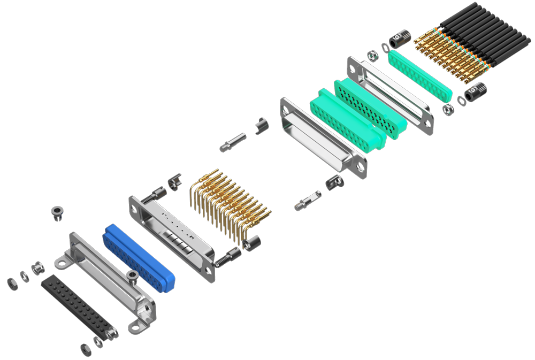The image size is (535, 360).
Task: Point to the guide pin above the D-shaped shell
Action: coord(232,142)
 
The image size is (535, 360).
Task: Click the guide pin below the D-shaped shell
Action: coord(308,201)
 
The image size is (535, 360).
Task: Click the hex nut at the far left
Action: coord(12,283)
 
